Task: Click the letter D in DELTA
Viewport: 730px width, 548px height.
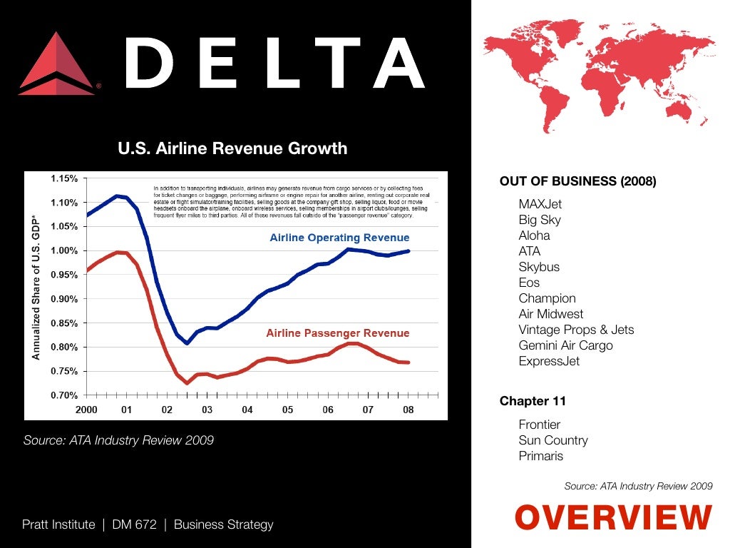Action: click(x=151, y=64)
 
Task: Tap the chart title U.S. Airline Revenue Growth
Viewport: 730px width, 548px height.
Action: click(x=232, y=148)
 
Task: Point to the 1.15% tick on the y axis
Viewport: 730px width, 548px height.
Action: click(x=64, y=178)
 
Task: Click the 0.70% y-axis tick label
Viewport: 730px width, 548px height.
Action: click(x=64, y=395)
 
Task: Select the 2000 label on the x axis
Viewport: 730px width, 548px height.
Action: click(x=86, y=410)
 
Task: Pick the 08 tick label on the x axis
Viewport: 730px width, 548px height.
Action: click(x=408, y=410)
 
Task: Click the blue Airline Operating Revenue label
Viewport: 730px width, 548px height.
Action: click(x=339, y=238)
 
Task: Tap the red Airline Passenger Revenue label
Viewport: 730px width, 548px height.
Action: click(x=337, y=333)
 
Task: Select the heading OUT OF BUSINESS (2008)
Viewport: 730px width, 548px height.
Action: click(x=577, y=181)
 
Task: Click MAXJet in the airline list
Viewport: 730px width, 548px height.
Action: click(x=540, y=204)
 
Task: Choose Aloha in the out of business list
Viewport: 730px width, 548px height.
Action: click(x=534, y=235)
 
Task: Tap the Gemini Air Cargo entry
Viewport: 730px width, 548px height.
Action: click(x=565, y=345)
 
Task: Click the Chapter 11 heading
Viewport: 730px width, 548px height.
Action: click(x=533, y=401)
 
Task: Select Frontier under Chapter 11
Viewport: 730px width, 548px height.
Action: click(x=539, y=425)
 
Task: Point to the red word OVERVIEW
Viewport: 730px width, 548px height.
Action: click(x=612, y=517)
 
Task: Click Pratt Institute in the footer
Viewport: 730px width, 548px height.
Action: click(x=58, y=524)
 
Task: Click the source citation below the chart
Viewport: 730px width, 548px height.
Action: click(x=118, y=440)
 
